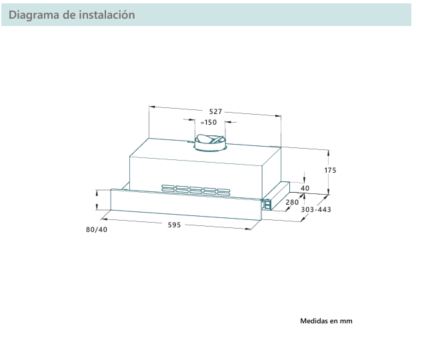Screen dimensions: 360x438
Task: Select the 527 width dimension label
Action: [x=215, y=112]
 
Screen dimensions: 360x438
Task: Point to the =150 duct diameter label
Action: [x=209, y=123]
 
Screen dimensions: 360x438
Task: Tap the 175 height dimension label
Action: [x=331, y=171]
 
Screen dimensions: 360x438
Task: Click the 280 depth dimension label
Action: [x=292, y=202]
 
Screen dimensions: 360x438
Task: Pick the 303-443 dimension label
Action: [x=316, y=210]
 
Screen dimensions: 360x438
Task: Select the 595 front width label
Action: [x=174, y=225]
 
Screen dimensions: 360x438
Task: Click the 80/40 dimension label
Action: [x=96, y=230]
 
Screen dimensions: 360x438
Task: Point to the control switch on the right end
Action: [x=267, y=204]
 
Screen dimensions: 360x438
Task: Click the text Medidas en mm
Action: [x=326, y=321]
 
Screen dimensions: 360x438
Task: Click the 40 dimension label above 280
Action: [x=305, y=189]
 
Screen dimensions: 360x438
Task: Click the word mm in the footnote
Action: [x=345, y=321]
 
